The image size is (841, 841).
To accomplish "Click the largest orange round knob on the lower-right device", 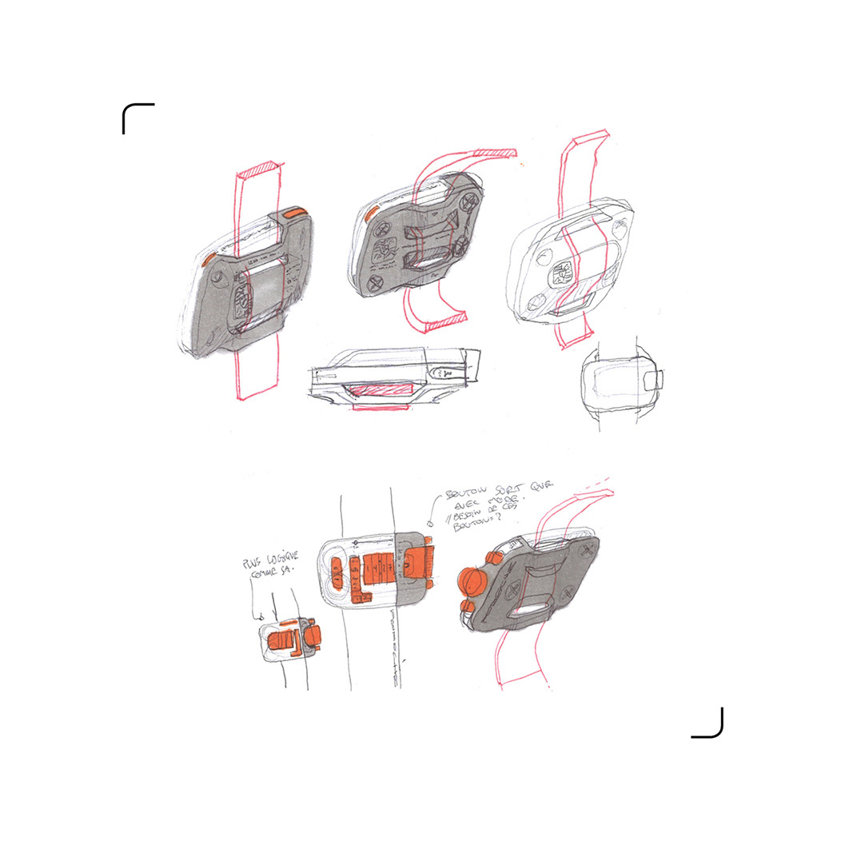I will (472, 581).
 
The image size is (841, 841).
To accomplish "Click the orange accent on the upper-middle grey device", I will (371, 212).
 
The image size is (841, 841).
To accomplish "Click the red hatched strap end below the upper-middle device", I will (443, 320).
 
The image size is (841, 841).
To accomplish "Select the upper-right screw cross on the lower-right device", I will (589, 551).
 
